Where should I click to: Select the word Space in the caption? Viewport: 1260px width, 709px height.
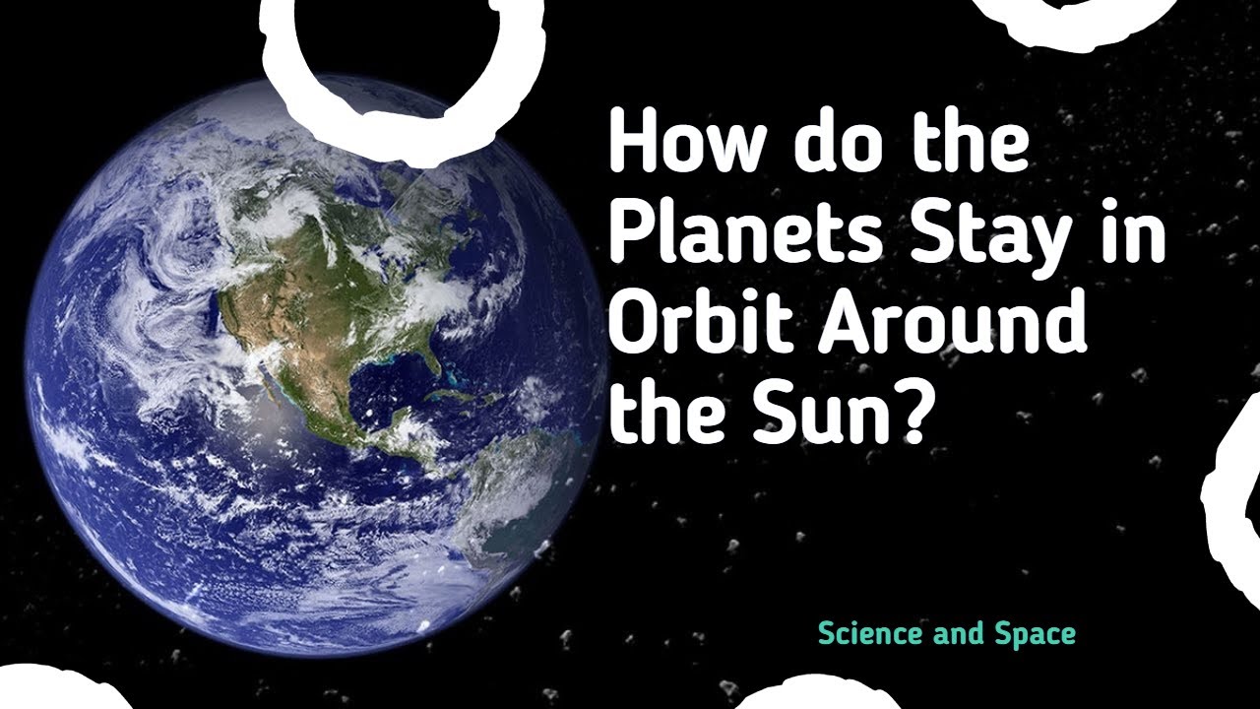pos(1033,634)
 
